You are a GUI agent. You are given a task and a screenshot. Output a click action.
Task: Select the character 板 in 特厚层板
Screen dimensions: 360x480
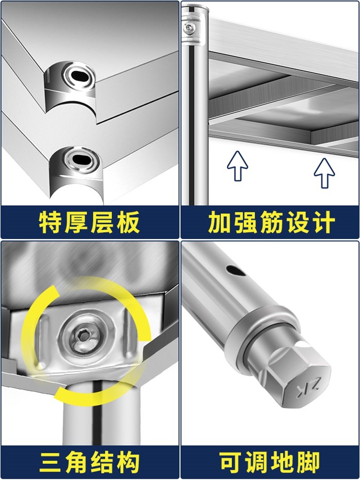(x=128, y=222)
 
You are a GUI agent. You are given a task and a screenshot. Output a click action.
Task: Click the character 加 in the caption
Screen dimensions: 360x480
(x=219, y=222)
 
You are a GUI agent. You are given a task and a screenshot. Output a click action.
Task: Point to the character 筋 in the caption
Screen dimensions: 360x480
(x=270, y=222)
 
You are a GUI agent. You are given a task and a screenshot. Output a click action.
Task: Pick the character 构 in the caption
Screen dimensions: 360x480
(x=128, y=462)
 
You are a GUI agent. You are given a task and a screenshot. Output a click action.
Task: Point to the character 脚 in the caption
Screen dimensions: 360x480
(x=309, y=462)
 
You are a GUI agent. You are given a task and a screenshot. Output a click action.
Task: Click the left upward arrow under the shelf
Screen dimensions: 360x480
(x=237, y=165)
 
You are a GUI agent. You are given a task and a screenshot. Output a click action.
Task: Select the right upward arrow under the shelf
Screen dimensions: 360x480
(x=324, y=172)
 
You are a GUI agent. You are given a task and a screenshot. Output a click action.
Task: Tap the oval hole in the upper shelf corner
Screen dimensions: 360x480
(x=80, y=75)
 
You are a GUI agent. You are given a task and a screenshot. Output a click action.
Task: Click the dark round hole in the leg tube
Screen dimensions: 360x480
(x=234, y=271)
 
